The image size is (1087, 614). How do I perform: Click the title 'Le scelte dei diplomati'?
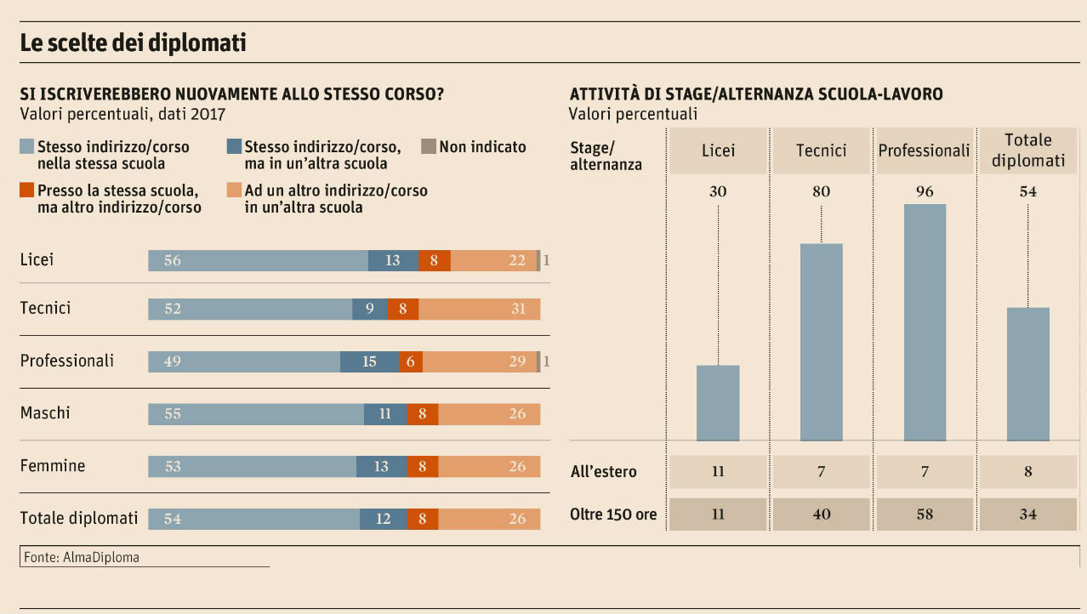(133, 43)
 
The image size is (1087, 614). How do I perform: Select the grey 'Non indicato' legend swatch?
(429, 146)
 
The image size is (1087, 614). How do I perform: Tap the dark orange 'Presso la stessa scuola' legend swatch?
(26, 190)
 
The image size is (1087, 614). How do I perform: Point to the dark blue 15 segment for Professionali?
(369, 361)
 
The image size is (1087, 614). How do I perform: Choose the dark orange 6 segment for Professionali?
(410, 361)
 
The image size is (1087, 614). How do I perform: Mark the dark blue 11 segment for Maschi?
(385, 414)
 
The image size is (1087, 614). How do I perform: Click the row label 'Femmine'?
(53, 466)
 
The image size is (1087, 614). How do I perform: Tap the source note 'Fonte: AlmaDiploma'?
(79, 558)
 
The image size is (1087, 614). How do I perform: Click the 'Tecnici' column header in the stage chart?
(821, 151)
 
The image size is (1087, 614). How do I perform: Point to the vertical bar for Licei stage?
(718, 403)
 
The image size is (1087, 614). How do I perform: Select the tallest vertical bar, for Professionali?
(925, 322)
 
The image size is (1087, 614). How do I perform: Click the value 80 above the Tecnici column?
(821, 191)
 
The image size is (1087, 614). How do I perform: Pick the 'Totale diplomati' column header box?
(1027, 151)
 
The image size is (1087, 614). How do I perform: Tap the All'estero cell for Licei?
(718, 471)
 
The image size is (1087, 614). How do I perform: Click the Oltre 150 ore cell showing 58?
(925, 514)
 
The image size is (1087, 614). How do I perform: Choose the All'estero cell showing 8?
(1027, 471)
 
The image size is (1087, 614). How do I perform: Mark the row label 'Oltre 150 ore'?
(612, 514)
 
